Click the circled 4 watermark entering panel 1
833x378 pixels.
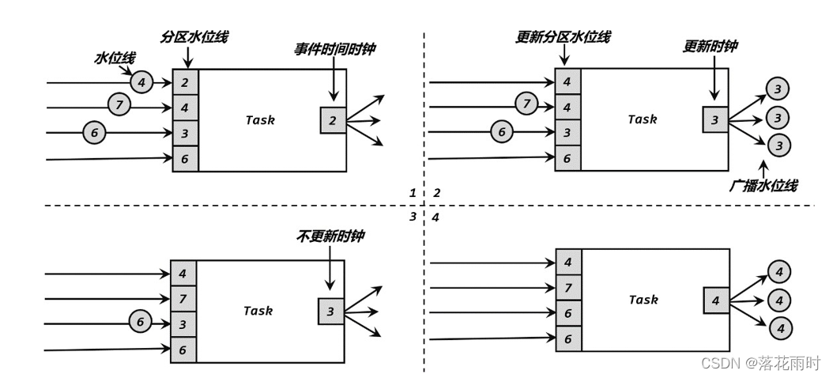tap(141, 81)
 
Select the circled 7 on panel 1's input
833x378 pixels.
tap(119, 104)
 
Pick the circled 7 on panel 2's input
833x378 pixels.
tap(526, 103)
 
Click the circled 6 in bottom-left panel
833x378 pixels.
tap(140, 322)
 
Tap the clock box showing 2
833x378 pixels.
tap(333, 120)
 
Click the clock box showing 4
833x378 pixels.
tap(716, 301)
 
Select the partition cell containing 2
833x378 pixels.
tap(185, 81)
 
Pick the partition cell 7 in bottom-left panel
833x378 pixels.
tap(183, 299)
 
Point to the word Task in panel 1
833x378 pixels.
tap(259, 120)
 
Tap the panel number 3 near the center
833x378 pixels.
tap(412, 217)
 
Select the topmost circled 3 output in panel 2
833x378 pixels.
tap(778, 89)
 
